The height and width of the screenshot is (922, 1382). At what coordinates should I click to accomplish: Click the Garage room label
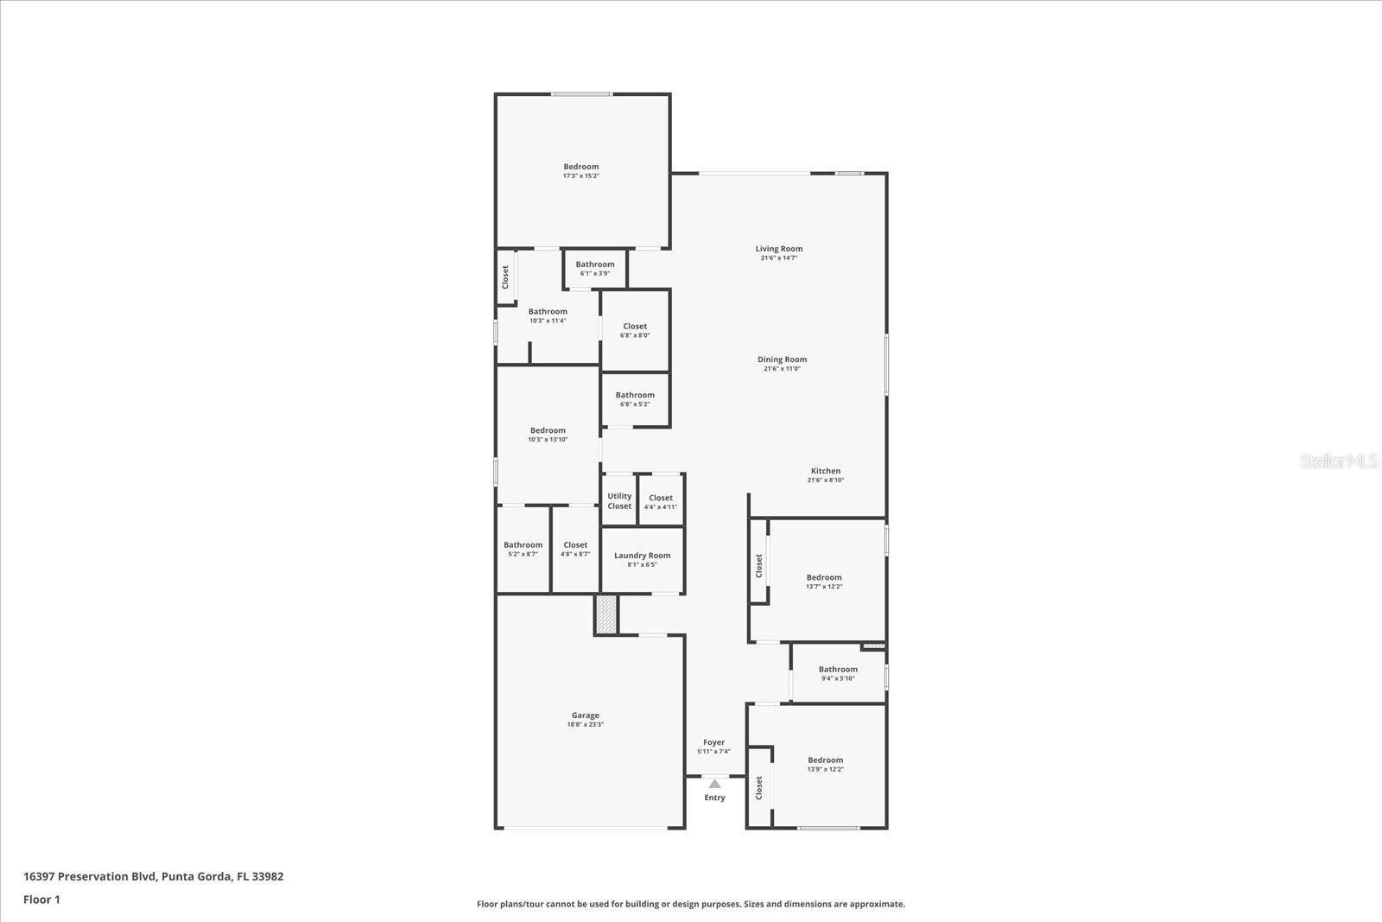coord(585,715)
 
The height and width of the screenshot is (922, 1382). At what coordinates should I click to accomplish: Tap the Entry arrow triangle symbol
coord(714,784)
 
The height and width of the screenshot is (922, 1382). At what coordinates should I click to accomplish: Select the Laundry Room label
coord(642,556)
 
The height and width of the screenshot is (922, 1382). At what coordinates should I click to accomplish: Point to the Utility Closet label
coord(619,501)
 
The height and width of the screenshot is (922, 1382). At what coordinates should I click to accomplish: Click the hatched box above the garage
coord(606,614)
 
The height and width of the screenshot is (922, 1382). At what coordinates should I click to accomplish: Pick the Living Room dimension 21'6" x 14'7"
coord(778,258)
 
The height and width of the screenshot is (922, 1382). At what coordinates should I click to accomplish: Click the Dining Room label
coord(782,359)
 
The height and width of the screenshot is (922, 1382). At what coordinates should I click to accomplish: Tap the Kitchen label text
coord(825,471)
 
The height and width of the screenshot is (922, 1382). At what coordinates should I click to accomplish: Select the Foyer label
coord(713,742)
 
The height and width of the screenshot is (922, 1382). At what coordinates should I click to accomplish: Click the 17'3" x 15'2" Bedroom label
coord(580,167)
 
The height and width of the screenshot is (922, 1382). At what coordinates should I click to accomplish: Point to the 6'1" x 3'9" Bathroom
coord(594,269)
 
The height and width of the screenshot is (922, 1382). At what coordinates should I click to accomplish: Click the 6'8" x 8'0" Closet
coord(635,331)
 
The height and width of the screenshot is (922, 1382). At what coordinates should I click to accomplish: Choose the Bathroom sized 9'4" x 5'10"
coord(838,673)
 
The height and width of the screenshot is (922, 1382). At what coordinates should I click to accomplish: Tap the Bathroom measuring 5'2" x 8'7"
coord(523,549)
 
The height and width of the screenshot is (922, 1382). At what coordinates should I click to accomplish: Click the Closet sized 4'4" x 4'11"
coord(661,502)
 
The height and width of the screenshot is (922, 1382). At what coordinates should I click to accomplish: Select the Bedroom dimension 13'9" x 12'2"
coord(825,769)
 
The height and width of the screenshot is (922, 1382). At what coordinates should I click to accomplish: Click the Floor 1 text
coord(41,900)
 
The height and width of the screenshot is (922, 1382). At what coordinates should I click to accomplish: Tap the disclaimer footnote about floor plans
coord(691,904)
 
